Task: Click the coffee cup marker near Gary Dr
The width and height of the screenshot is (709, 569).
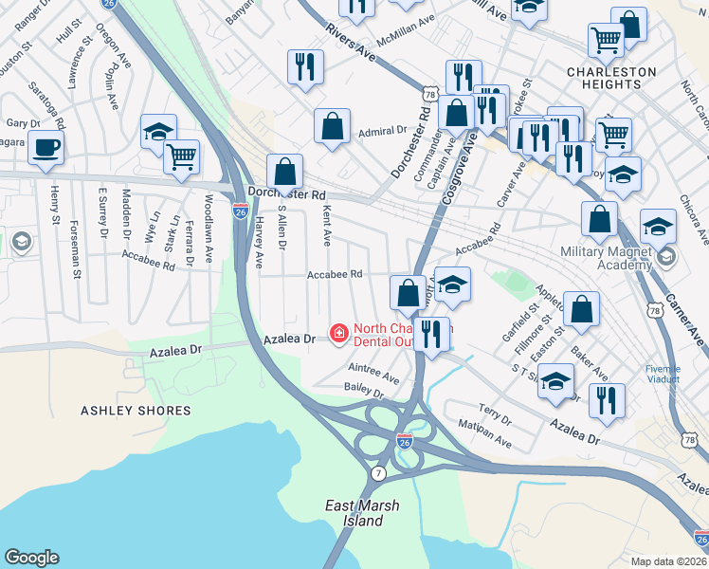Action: pyautogui.click(x=45, y=148)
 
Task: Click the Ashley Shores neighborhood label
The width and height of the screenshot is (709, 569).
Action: pyautogui.click(x=136, y=411)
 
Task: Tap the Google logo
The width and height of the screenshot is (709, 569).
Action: pyautogui.click(x=31, y=558)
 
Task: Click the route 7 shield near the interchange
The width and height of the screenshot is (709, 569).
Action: pyautogui.click(x=378, y=472)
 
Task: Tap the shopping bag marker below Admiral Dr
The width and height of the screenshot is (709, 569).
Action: pyautogui.click(x=333, y=127)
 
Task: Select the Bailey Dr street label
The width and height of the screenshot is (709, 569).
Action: pyautogui.click(x=364, y=390)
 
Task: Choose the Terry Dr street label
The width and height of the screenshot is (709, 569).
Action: pyautogui.click(x=494, y=413)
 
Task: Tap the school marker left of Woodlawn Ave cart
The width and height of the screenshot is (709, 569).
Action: pyautogui.click(x=158, y=132)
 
